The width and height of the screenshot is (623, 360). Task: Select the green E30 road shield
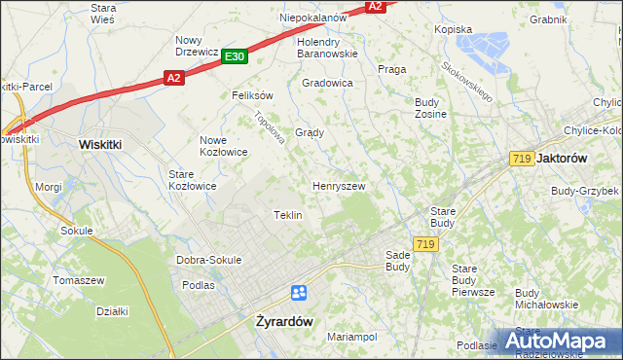[233, 56]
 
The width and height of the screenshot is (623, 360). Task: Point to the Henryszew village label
[339, 185]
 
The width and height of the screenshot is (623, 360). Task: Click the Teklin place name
[288, 214]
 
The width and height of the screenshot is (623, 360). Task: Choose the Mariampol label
[351, 337]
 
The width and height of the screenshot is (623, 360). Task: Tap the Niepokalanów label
[312, 18]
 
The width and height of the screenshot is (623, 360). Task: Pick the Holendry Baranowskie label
[328, 48]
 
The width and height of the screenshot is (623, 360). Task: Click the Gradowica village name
[327, 83]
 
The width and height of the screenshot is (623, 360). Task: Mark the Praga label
[391, 69]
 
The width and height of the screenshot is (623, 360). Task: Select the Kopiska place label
[454, 29]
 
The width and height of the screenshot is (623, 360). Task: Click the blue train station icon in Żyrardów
[299, 293]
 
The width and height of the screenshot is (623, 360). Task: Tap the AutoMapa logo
[561, 341]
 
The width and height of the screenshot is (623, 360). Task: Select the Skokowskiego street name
[468, 82]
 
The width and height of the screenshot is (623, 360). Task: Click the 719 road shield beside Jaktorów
[520, 158]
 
